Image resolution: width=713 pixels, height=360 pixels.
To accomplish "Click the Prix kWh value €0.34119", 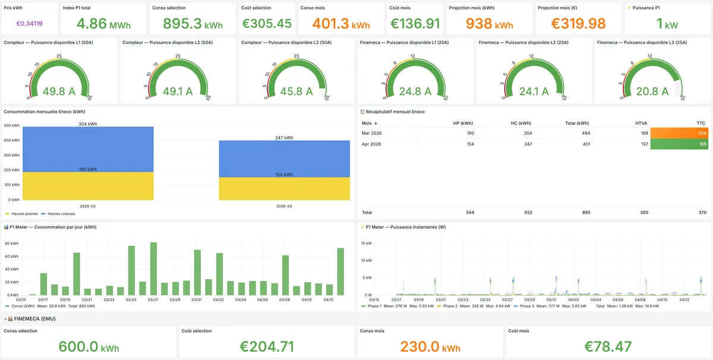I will pos(29,24).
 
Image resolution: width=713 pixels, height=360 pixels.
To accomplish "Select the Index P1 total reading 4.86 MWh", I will pos(104,24).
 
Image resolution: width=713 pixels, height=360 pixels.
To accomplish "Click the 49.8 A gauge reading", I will pos(59,91).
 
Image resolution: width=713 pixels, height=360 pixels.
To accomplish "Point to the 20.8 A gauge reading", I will pos(652,91).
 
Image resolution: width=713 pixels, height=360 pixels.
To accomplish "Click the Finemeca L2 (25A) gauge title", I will pos(523,43).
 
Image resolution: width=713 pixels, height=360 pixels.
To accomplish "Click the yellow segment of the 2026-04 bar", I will pos(284,188).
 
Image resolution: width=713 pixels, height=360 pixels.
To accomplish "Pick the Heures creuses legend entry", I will pos(62,213).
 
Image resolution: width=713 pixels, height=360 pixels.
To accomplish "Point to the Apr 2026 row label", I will pos(371,144).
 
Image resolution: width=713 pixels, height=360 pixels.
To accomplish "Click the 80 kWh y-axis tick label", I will pos(12,244).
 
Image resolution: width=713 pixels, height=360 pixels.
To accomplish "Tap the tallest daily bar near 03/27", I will pos(153,269).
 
